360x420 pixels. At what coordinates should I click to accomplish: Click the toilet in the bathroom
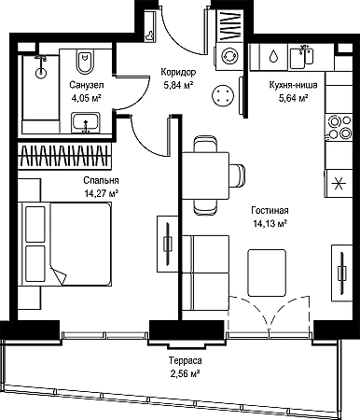(x=85, y=62)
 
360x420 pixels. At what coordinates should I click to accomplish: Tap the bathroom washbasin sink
(x=86, y=122)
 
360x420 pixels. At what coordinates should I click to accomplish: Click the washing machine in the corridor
(x=229, y=56)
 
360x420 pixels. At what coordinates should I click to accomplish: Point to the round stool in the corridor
(x=222, y=95)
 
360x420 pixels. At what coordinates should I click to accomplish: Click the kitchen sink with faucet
(x=301, y=57)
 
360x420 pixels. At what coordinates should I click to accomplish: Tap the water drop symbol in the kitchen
(x=273, y=56)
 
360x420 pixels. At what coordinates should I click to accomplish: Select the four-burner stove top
(x=339, y=127)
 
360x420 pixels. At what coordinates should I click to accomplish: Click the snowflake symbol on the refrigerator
(x=338, y=183)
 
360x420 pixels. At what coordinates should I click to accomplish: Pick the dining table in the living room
(x=205, y=175)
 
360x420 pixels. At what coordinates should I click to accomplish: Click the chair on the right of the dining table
(x=237, y=175)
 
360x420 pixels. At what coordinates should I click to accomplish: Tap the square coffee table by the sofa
(x=267, y=273)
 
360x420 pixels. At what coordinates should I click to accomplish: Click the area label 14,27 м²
(x=102, y=194)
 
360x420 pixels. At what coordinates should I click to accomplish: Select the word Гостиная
(x=270, y=211)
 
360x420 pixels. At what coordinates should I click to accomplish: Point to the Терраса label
(x=186, y=360)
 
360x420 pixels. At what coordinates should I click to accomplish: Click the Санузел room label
(x=87, y=85)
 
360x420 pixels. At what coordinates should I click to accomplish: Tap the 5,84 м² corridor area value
(x=179, y=85)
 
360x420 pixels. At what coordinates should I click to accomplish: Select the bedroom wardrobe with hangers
(x=64, y=155)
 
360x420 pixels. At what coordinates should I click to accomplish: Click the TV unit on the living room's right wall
(x=341, y=273)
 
